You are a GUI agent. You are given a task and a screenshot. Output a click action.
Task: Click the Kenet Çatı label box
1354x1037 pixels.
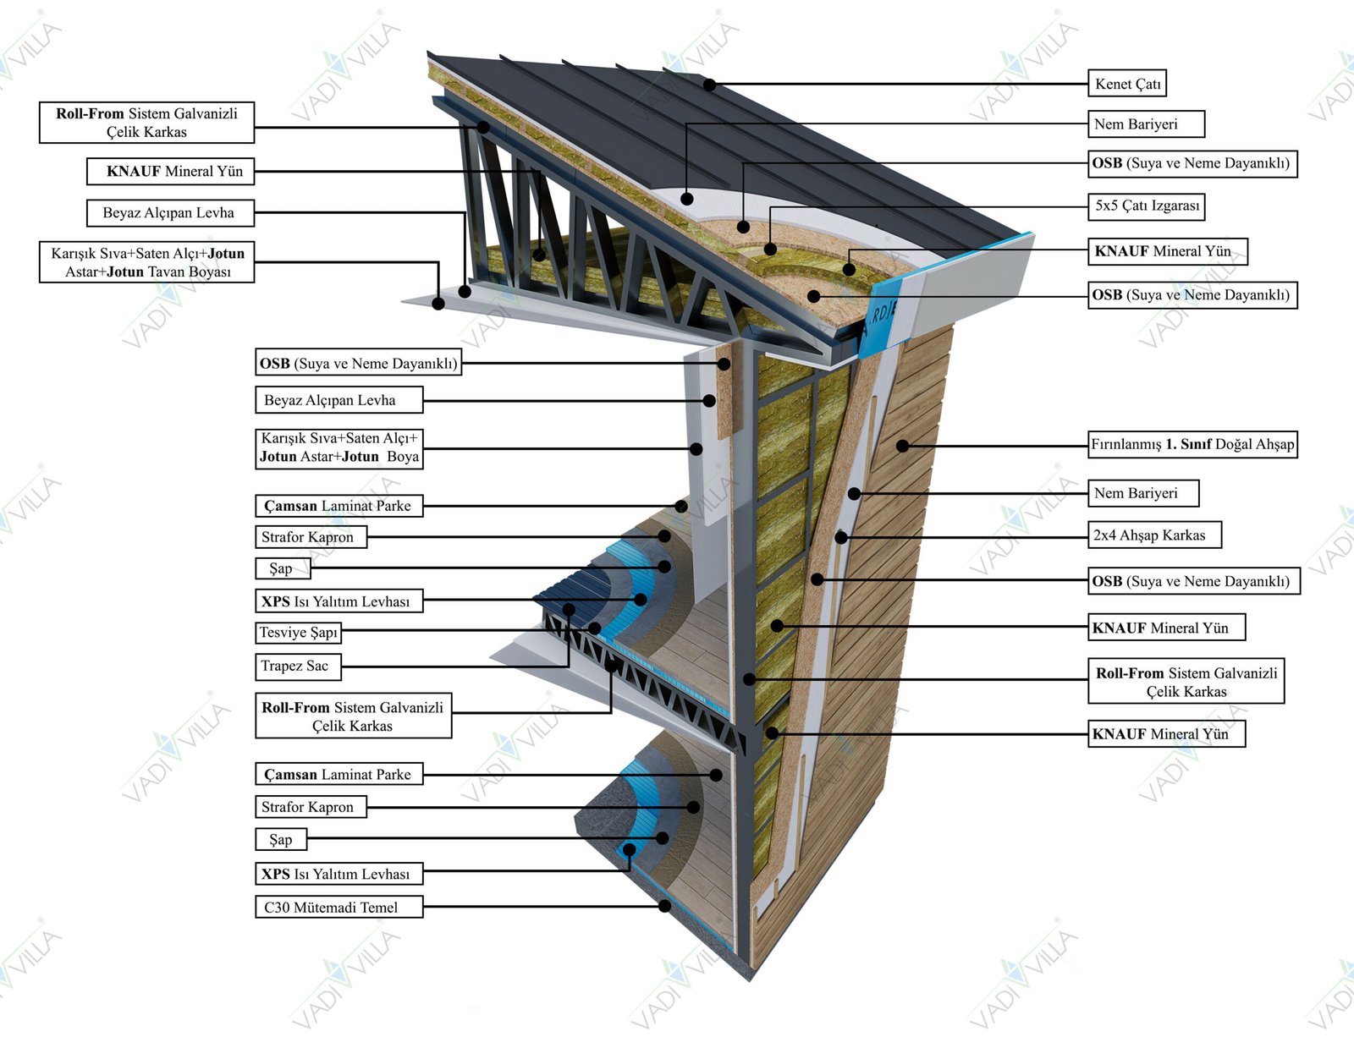click(x=1128, y=84)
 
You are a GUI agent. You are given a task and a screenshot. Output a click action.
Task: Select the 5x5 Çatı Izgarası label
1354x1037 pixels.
click(x=1147, y=206)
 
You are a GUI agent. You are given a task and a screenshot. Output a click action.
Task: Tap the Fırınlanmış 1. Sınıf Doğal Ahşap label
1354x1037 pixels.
click(x=1192, y=444)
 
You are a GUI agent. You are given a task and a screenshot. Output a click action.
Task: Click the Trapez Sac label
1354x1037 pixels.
click(x=297, y=667)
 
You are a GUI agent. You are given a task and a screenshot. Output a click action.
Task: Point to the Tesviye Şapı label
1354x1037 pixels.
click(x=298, y=633)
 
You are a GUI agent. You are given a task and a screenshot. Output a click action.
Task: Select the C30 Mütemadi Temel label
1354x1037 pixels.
click(x=338, y=908)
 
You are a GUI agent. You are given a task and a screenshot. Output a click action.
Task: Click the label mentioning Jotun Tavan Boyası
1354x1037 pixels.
click(x=146, y=262)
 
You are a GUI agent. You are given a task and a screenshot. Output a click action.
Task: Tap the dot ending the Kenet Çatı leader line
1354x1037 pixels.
click(x=709, y=85)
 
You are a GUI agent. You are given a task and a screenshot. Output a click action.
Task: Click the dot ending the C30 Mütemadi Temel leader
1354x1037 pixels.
click(x=665, y=906)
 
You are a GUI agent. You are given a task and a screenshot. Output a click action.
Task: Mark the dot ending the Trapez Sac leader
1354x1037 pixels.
click(x=569, y=609)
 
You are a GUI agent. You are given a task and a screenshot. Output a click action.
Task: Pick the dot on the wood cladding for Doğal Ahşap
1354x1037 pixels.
click(x=903, y=445)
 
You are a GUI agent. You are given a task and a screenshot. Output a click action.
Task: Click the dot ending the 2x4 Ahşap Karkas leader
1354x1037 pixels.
click(x=840, y=536)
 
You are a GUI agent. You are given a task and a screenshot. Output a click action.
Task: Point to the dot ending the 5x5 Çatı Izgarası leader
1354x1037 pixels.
click(x=770, y=249)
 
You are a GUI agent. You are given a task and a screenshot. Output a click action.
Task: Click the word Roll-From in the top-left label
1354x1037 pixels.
click(x=91, y=113)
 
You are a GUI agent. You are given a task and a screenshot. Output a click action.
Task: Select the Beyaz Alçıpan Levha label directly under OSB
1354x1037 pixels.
click(x=338, y=400)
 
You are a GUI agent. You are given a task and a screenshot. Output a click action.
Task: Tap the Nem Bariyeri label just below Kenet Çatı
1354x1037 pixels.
click(x=1145, y=124)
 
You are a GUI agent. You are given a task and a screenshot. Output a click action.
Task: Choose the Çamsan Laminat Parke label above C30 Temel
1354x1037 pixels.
click(x=338, y=774)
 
